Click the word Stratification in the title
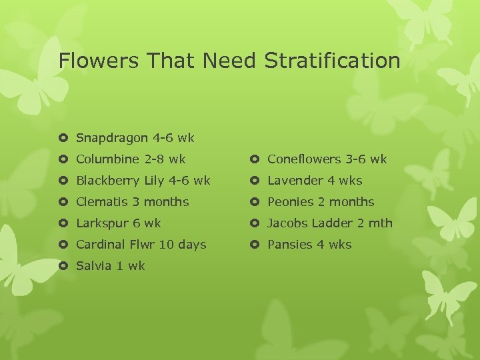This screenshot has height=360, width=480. click(332, 61)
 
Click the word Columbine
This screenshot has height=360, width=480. click(108, 159)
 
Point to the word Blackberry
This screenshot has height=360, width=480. click(108, 181)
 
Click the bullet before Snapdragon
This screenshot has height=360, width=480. click(63, 139)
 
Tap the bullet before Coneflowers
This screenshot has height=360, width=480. click(255, 159)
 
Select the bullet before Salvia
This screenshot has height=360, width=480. click(63, 266)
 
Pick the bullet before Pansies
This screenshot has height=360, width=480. click(255, 245)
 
